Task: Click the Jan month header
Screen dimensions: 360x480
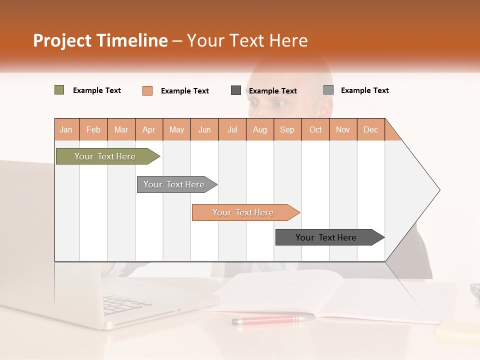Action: [x=66, y=129]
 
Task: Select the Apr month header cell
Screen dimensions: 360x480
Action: [x=149, y=129]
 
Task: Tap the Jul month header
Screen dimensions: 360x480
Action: [x=232, y=129]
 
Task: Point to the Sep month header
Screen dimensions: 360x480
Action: [x=287, y=129]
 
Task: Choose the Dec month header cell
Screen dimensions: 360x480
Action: [x=370, y=129]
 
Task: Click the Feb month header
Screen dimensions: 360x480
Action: [x=93, y=129]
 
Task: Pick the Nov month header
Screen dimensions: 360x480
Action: [x=343, y=129]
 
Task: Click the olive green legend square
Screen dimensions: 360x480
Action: [x=59, y=90]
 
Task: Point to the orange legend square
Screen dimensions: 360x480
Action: [x=147, y=90]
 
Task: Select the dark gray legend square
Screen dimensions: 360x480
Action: [x=236, y=90]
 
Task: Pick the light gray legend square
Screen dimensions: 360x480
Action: [x=328, y=90]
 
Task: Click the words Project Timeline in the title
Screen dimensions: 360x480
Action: [x=100, y=40]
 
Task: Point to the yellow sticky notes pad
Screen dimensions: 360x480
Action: [x=457, y=330]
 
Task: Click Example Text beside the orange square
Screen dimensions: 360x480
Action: [x=185, y=91]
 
